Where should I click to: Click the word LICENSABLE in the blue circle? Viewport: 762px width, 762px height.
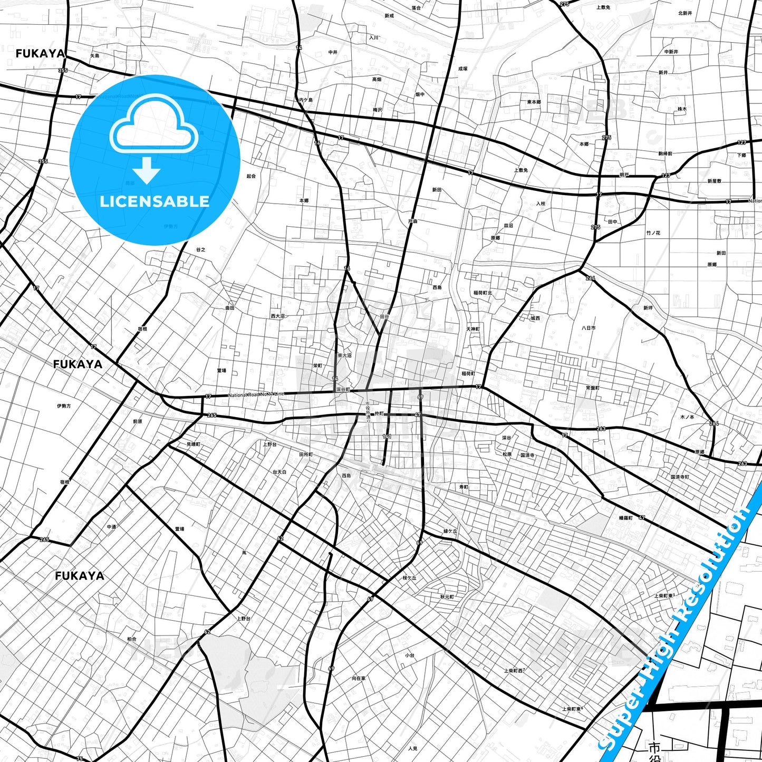[x=155, y=201]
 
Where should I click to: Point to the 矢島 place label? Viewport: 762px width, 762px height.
[x=94, y=56]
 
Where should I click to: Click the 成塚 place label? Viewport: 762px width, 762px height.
[x=462, y=69]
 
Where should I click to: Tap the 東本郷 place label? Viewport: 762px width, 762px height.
[x=534, y=102]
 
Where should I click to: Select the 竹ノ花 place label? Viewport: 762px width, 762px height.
[x=653, y=233]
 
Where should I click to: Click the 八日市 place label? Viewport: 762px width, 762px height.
[x=589, y=328]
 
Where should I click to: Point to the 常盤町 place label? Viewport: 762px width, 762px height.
[x=592, y=388]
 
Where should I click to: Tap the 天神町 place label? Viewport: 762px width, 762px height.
[x=472, y=329]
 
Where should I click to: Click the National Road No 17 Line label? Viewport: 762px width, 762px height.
[x=256, y=394]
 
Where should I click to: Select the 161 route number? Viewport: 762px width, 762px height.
[x=387, y=437]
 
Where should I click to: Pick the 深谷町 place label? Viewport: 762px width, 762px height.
[x=343, y=390]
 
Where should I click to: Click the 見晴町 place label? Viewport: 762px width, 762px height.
[x=194, y=445]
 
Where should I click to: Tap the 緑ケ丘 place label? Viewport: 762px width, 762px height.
[x=450, y=532]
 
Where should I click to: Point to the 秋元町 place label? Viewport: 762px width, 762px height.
[x=447, y=596]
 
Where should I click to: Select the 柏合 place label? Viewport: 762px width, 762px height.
[x=131, y=639]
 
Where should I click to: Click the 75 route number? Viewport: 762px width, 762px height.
[x=79, y=759]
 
